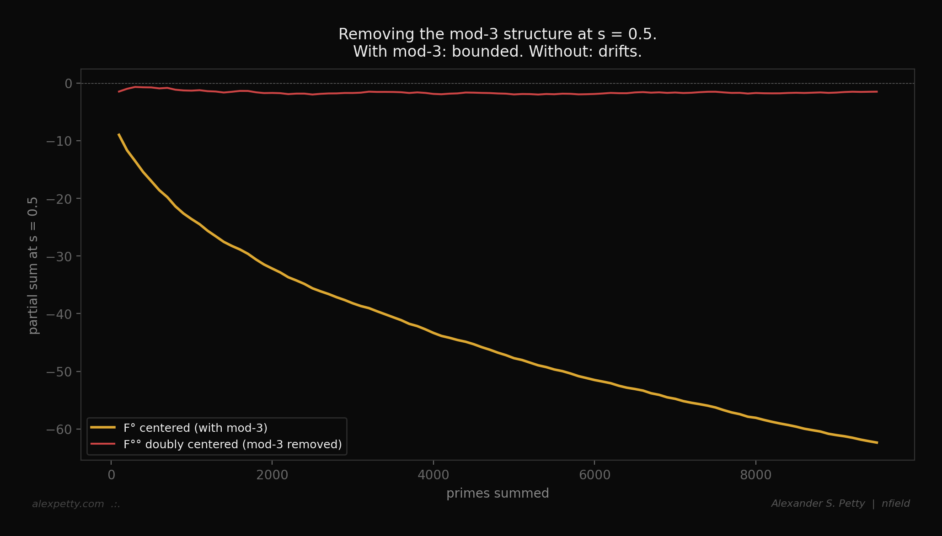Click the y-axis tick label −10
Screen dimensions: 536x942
59,141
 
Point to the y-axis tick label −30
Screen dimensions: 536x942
59,257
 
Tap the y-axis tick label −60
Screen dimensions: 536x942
59,430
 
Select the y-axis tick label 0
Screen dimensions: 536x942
69,84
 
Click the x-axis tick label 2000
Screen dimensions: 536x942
272,475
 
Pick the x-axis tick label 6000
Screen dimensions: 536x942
594,475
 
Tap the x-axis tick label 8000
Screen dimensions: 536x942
755,475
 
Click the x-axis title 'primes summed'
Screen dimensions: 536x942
498,494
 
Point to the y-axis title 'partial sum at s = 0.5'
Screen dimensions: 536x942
33,265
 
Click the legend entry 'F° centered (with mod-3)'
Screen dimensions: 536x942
195,428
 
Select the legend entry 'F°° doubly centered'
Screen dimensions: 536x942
232,445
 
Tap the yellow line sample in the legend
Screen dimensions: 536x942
103,428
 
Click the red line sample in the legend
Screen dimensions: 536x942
103,444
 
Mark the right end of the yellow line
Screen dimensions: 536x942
877,442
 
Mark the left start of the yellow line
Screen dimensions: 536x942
119,134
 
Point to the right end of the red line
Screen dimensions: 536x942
877,92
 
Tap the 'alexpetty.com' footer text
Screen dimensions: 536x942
68,504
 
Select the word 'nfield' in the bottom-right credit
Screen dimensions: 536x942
895,504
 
